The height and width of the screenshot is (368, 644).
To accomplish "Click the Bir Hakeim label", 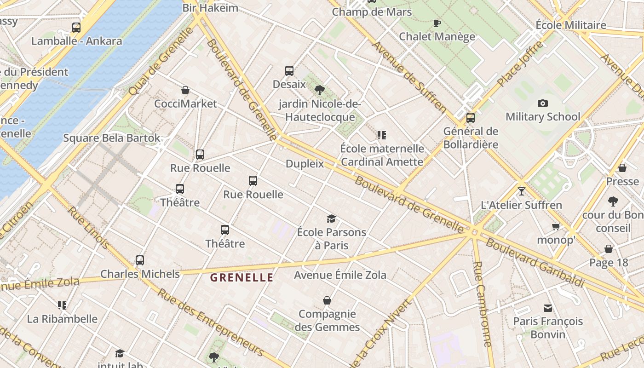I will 210,8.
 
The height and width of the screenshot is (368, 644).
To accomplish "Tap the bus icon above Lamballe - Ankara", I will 76,28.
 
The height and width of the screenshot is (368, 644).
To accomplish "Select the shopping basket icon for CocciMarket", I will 185,90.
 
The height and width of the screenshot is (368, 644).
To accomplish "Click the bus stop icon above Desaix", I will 289,71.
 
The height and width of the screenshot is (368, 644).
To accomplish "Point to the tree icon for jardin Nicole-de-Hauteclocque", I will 319,90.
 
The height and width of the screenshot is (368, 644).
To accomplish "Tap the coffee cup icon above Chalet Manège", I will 437,23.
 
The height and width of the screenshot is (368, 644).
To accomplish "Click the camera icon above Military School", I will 543,103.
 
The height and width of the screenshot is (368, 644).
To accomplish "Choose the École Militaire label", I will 571,25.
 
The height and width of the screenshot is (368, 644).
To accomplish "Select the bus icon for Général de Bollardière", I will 470,118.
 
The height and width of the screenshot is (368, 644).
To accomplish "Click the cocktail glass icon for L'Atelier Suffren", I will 521,191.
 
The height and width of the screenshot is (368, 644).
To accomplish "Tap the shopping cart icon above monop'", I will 556,226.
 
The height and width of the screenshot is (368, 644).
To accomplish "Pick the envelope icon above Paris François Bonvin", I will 547,308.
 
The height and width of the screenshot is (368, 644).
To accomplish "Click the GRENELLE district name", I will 242,277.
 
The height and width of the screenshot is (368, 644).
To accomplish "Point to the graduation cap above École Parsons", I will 331,218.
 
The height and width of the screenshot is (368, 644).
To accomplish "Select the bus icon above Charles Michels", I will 140,260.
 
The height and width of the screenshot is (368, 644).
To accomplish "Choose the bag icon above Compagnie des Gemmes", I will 327,301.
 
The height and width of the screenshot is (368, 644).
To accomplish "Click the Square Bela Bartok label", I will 112,138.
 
